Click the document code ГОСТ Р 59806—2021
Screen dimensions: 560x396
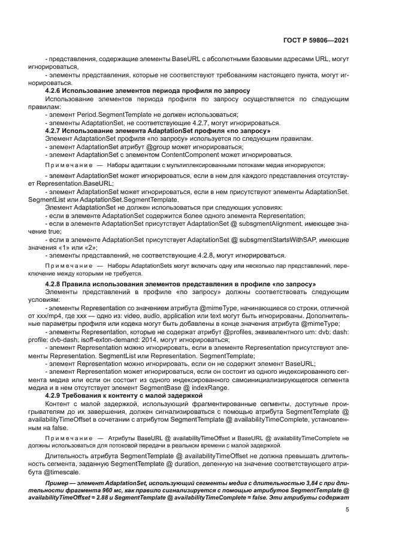(316, 41)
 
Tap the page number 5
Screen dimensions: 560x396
(347, 509)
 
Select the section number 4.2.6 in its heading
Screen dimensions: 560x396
(55, 90)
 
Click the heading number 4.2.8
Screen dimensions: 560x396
(55, 283)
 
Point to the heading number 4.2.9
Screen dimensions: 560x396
(55, 396)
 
